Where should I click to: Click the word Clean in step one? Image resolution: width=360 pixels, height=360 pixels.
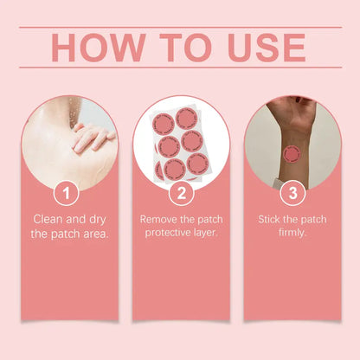[x=49, y=219]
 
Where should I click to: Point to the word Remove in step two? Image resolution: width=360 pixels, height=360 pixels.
[x=160, y=219]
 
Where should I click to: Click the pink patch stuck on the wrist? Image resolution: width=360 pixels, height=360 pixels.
[x=292, y=154]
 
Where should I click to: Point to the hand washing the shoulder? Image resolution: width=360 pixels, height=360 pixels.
[x=90, y=136]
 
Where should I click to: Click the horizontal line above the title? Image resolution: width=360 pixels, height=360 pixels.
[x=180, y=27]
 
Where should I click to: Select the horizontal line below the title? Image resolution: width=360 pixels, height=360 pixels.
[x=180, y=67]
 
